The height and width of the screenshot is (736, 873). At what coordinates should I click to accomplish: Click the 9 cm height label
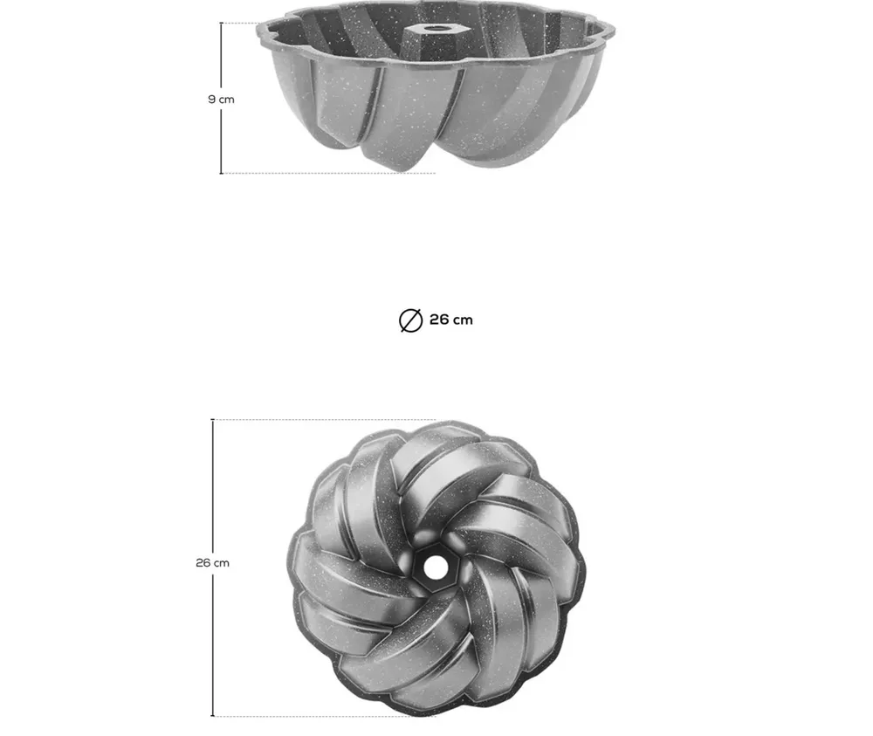pos(221,100)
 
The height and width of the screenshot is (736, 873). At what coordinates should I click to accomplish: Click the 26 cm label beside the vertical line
pos(213,563)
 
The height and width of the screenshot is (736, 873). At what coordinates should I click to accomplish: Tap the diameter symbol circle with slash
pos(411,320)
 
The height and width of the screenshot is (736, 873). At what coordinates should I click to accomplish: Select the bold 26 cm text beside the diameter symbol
pos(451,320)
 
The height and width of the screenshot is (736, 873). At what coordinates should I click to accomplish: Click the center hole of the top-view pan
pos(433,567)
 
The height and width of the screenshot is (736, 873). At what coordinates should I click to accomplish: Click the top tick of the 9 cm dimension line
pos(221,24)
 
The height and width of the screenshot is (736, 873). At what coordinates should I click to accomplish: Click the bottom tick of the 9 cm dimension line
pos(221,173)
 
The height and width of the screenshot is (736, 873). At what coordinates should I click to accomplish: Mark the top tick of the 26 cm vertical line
pos(213,420)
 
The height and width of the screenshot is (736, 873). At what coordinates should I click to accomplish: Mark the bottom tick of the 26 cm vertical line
pos(213,716)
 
